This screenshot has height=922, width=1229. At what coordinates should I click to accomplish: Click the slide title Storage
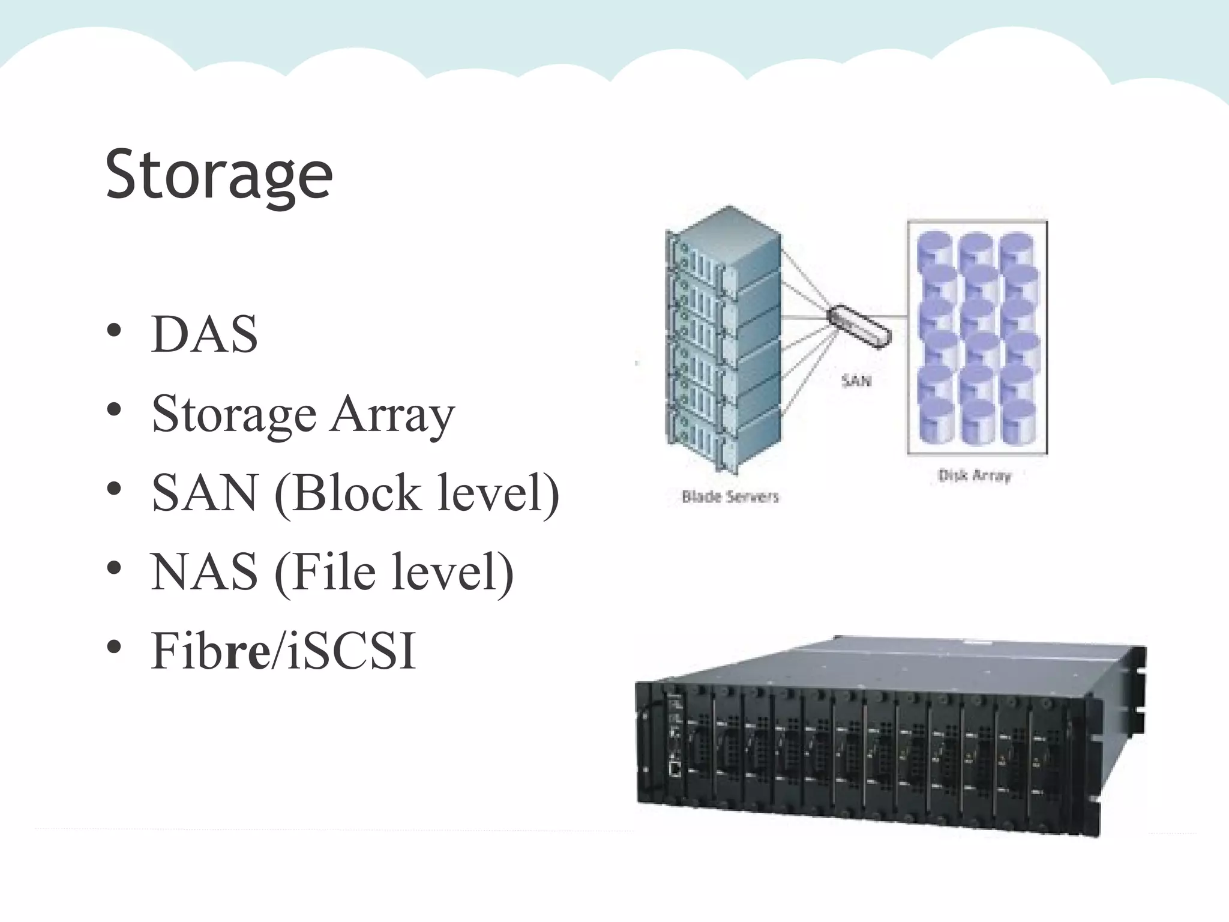click(x=218, y=175)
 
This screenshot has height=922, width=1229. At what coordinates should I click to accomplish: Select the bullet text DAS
click(x=205, y=334)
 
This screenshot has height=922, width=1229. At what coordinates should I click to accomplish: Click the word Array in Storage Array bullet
click(x=392, y=415)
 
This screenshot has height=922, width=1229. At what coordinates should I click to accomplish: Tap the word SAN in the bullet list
click(x=205, y=493)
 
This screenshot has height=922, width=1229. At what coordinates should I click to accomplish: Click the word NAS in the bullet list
click(x=205, y=572)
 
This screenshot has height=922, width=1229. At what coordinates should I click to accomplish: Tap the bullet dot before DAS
click(x=114, y=331)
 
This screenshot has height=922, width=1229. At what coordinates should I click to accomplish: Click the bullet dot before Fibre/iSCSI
click(x=114, y=648)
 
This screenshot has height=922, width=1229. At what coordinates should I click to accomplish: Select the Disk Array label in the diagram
click(x=975, y=476)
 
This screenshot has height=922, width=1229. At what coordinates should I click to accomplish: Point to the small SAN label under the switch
click(x=856, y=381)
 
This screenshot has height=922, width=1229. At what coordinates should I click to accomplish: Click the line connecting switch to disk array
click(x=898, y=316)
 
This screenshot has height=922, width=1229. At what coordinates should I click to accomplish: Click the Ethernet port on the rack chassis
click(x=675, y=767)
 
